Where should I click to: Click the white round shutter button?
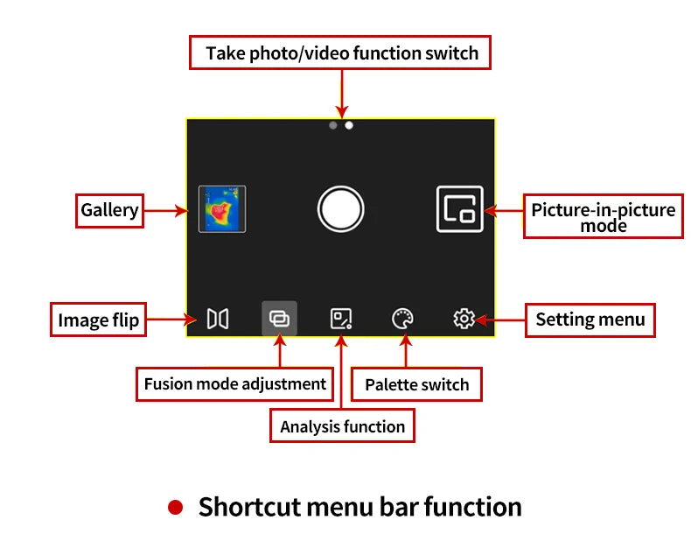(x=340, y=208)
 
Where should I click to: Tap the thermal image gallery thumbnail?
(x=221, y=208)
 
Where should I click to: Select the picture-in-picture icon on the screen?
(x=460, y=208)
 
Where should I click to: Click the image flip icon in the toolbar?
(x=217, y=319)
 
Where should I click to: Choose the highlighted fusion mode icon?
(x=279, y=319)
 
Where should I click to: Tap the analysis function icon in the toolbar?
(x=340, y=319)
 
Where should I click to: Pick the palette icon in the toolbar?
(x=402, y=319)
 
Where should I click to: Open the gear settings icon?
(x=464, y=319)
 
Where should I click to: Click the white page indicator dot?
(x=348, y=125)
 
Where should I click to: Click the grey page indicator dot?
(x=332, y=125)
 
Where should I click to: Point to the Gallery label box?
(x=109, y=210)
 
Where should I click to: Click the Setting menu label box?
(x=590, y=320)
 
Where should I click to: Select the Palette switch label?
(x=416, y=384)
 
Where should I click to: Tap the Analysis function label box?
(x=342, y=426)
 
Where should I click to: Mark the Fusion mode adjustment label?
(x=234, y=383)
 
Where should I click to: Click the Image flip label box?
(x=98, y=320)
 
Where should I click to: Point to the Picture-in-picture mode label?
(x=604, y=217)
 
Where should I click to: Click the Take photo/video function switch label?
(x=341, y=53)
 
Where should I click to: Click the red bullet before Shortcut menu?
(x=176, y=507)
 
